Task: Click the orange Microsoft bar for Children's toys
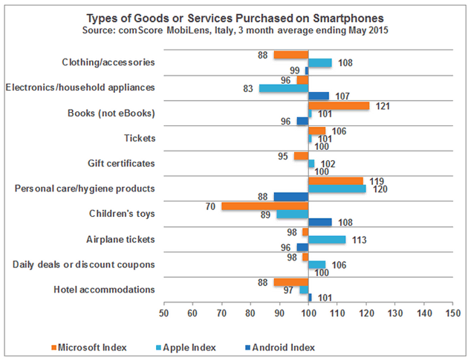click(x=264, y=206)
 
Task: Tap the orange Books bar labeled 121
click(x=339, y=105)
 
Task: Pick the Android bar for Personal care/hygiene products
click(x=290, y=197)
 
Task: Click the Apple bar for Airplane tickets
click(x=327, y=239)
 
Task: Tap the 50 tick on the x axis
click(x=163, y=313)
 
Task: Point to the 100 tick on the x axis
click(x=308, y=313)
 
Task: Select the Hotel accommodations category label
click(x=105, y=289)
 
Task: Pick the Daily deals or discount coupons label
click(x=84, y=264)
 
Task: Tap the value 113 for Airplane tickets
click(x=357, y=239)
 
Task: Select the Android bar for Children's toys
click(x=320, y=222)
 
